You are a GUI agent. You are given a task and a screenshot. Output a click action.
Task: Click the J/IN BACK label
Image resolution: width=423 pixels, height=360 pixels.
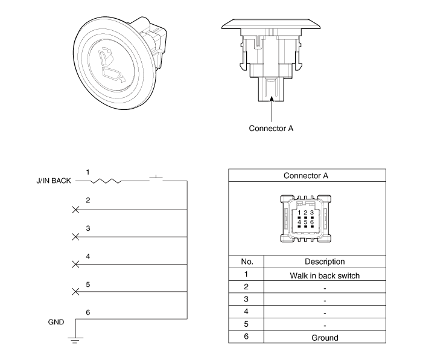point(54,180)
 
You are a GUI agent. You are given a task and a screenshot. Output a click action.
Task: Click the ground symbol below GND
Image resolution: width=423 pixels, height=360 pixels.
point(75,339)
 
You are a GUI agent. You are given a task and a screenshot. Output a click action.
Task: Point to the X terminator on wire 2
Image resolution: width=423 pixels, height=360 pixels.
point(75,210)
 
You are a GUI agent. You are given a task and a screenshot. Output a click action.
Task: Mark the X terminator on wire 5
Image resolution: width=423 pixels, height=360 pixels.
point(75,292)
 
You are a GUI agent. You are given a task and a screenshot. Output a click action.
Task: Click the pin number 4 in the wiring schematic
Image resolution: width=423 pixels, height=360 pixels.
point(88,256)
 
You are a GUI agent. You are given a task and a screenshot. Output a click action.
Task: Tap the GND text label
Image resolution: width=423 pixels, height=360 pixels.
point(56,322)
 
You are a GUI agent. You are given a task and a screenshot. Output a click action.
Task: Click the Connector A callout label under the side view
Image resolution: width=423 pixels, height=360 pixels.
point(271,128)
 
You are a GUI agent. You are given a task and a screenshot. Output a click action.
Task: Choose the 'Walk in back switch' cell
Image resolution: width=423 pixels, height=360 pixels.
point(325,275)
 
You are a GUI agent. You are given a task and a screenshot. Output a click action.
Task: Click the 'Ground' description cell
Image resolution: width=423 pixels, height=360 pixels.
point(325,338)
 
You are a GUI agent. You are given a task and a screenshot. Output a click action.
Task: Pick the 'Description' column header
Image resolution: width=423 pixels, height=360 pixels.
point(325,262)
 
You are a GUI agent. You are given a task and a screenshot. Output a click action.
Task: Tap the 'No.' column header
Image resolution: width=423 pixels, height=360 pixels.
point(246,262)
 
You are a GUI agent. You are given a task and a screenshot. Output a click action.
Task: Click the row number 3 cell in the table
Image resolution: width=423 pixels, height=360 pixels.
point(246,300)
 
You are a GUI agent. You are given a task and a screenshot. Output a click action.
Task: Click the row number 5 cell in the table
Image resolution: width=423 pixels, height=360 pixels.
point(246,325)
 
